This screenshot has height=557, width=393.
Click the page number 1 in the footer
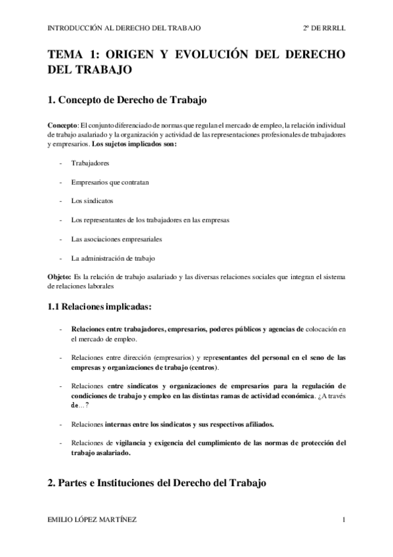pyautogui.click(x=344, y=520)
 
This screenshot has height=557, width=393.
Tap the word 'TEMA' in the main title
pyautogui.click(x=66, y=55)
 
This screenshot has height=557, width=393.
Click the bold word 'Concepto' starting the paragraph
pyautogui.click(x=62, y=125)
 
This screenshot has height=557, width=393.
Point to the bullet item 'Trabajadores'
pyautogui.click(x=91, y=162)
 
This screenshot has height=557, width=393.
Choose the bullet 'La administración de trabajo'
pyautogui.click(x=113, y=257)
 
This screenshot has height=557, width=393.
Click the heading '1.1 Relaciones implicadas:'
pyautogui.click(x=100, y=306)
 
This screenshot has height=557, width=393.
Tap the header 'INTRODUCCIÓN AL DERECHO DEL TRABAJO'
pyautogui.click(x=125, y=28)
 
